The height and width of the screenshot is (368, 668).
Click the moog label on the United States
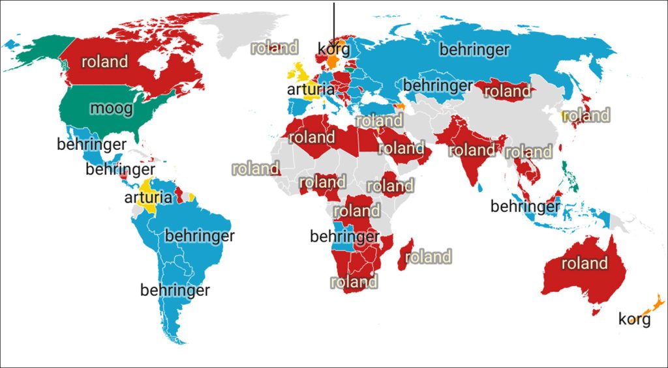[112, 107]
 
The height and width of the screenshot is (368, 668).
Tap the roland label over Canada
[104, 62]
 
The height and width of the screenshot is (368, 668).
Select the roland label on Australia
[584, 263]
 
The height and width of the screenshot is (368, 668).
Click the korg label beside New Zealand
[634, 319]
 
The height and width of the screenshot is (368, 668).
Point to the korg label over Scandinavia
[334, 49]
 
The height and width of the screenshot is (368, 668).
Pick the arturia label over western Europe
[311, 89]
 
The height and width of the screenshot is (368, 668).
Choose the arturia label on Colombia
[148, 197]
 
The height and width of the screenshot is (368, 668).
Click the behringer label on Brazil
[199, 236]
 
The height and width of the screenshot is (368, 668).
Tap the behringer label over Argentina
[175, 290]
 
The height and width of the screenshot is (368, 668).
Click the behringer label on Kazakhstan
[437, 85]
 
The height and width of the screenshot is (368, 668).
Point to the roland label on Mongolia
[507, 92]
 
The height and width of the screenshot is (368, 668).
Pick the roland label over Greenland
[275, 48]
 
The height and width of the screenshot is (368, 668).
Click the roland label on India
[472, 150]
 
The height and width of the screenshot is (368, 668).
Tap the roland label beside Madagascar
[428, 257]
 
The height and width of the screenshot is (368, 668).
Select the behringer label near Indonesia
[524, 206]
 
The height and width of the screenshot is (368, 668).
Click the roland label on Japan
[586, 116]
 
